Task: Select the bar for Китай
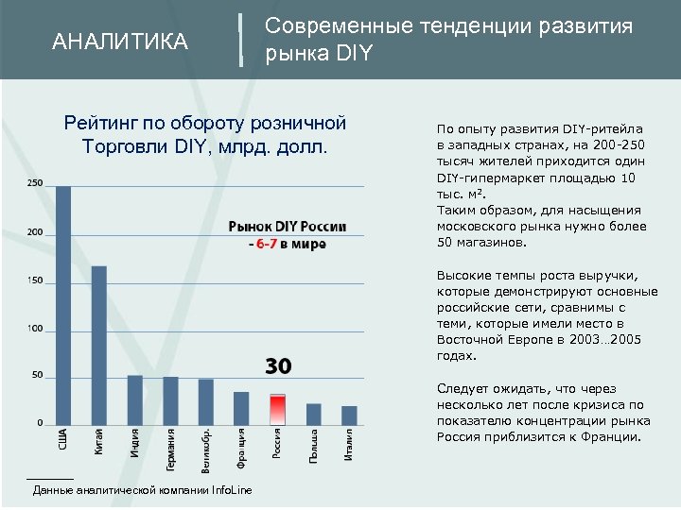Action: click(99, 345)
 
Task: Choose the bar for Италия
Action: click(349, 415)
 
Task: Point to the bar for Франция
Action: click(241, 407)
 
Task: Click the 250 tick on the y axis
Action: click(34, 182)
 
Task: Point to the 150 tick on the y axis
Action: click(34, 280)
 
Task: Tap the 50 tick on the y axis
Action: click(37, 375)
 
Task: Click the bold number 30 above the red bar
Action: click(277, 365)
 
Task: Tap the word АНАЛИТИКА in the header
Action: click(120, 42)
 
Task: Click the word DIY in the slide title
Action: click(355, 55)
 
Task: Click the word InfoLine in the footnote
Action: click(233, 491)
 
